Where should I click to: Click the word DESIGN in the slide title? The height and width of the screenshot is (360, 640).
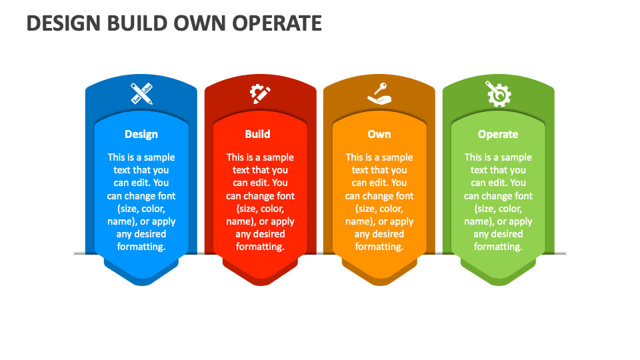click(63, 23)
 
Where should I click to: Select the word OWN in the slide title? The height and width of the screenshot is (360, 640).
click(201, 23)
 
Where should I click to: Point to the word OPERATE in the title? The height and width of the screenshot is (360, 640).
click(277, 23)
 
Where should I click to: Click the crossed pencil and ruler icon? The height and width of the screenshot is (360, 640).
click(141, 93)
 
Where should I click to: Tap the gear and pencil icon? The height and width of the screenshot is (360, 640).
click(260, 93)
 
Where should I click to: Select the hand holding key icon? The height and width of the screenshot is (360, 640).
click(379, 93)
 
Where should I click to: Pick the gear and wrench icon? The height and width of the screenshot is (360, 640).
click(498, 94)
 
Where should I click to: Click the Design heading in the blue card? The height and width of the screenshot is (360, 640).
click(141, 134)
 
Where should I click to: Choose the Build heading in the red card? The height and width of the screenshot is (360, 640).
click(257, 134)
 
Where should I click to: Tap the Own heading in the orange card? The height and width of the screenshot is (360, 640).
click(379, 134)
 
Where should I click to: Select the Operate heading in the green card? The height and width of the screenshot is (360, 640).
click(498, 134)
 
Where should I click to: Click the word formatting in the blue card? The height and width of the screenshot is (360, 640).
click(141, 247)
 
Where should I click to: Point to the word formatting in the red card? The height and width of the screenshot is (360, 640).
click(260, 247)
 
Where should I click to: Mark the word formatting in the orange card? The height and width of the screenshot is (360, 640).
click(379, 247)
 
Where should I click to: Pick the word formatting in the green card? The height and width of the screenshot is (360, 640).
click(498, 247)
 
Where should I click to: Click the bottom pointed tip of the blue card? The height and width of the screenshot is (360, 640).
click(141, 285)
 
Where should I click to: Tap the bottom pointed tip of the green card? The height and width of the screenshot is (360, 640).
click(499, 285)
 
